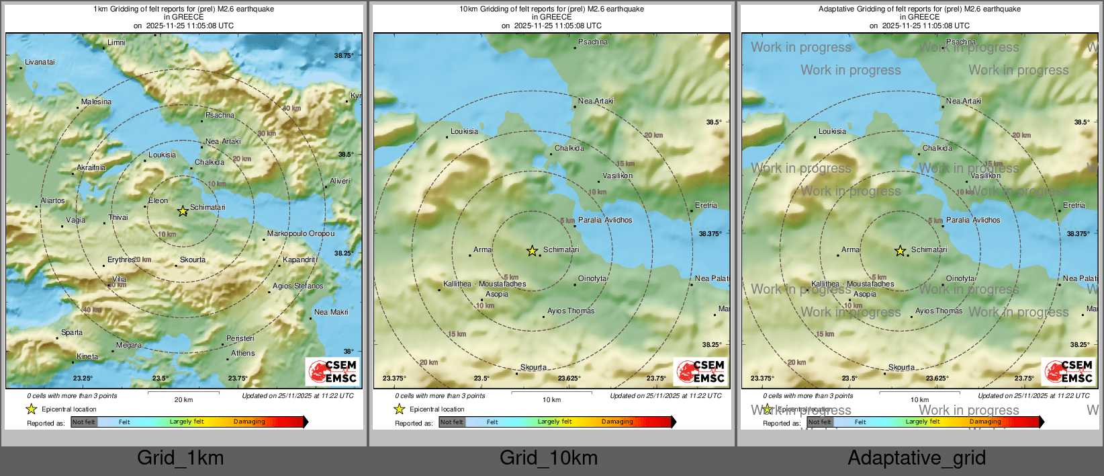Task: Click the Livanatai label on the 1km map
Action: (x=40, y=63)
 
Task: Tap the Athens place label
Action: (x=243, y=353)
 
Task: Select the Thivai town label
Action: (x=118, y=217)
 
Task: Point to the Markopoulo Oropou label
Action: (x=300, y=233)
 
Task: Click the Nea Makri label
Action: (x=331, y=312)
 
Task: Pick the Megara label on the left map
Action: (x=129, y=345)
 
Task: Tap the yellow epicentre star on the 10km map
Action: (x=532, y=251)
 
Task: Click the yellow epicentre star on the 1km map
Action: (x=183, y=211)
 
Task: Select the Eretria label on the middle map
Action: (x=706, y=205)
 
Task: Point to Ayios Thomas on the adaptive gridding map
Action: (x=939, y=311)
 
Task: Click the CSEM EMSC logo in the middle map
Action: (x=700, y=371)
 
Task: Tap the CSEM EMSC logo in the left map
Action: (x=332, y=371)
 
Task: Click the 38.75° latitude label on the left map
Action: (x=344, y=56)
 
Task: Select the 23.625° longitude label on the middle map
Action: (x=569, y=379)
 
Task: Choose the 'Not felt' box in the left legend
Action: (x=84, y=422)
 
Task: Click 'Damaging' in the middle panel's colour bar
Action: (x=617, y=422)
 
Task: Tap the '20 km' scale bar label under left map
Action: (x=183, y=399)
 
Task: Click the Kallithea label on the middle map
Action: (x=457, y=284)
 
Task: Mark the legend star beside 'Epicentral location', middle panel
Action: (x=400, y=409)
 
